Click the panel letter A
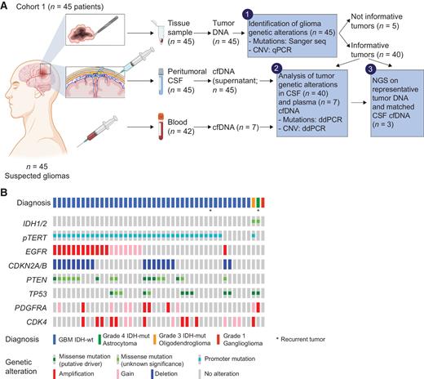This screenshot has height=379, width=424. tap(5, 7)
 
